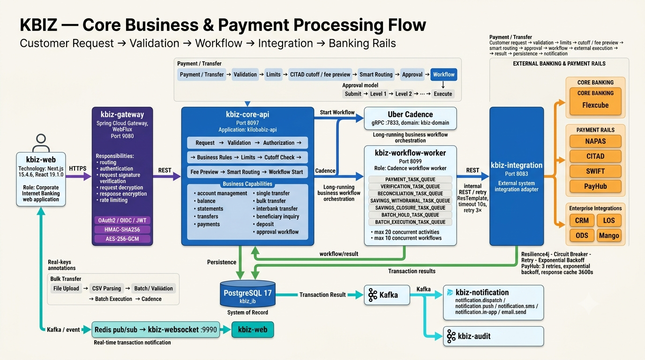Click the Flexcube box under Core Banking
pos(595,101)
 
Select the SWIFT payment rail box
pos(595,172)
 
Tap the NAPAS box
pos(595,142)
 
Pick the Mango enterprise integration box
pos(609,236)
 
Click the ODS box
pos(582,236)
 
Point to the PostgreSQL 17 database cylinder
pos(247,294)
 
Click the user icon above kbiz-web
pos(41,143)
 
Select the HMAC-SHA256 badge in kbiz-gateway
pos(122,230)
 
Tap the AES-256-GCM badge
pos(122,239)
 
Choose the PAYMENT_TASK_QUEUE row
pos(410,180)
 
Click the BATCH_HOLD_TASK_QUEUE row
pos(410,215)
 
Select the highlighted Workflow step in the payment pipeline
pos(444,75)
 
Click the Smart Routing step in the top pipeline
pos(376,75)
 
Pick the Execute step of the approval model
pos(443,94)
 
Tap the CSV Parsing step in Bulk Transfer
pos(106,288)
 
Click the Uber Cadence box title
pos(410,114)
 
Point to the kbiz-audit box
pos(494,336)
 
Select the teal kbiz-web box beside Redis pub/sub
pos(253,330)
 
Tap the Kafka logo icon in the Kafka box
pos(373,295)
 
